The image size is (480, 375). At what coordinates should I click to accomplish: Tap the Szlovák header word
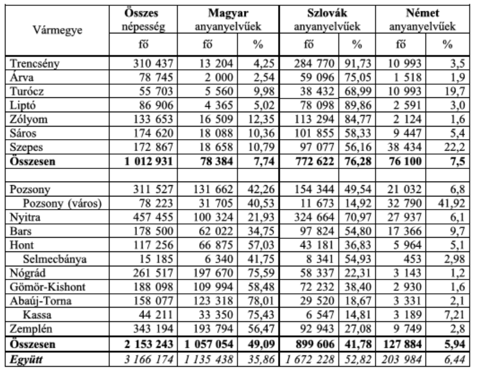(325, 13)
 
